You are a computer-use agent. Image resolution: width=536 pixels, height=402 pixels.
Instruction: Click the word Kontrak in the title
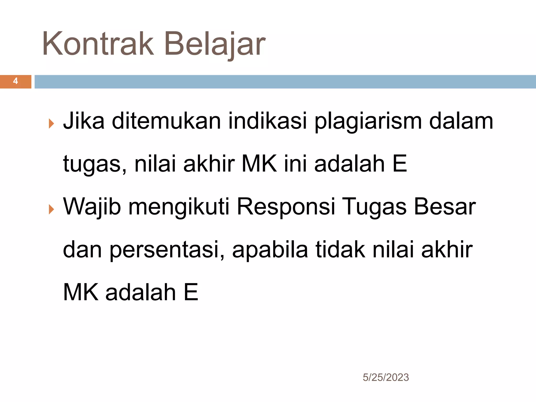(98, 44)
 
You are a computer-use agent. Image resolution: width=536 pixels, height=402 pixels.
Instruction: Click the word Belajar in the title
(215, 44)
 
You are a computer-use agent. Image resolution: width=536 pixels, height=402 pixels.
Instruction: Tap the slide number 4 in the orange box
(15, 81)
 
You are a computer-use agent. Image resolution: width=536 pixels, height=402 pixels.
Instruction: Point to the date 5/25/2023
(386, 377)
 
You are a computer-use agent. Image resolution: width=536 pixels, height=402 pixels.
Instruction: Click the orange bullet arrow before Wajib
(51, 209)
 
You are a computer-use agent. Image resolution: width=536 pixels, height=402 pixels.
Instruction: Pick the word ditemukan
(166, 121)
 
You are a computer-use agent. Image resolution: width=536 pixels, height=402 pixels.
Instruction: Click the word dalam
(461, 121)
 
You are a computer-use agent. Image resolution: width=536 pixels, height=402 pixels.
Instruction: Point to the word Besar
(445, 207)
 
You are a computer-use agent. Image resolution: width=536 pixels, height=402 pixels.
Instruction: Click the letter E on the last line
(191, 292)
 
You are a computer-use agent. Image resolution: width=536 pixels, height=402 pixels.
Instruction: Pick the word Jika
(84, 121)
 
